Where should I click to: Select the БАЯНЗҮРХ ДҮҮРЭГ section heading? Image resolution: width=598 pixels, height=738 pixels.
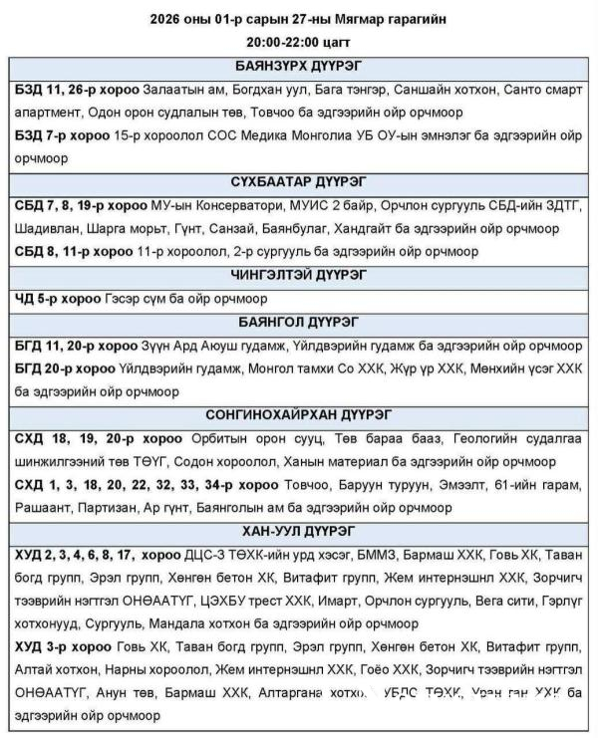[x=299, y=66]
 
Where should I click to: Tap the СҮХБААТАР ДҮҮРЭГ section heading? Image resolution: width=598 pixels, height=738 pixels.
[x=299, y=182]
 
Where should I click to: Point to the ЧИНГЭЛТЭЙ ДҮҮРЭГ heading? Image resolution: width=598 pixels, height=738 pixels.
[x=299, y=274]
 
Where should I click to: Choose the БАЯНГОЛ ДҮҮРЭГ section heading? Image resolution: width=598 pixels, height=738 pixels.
[x=299, y=322]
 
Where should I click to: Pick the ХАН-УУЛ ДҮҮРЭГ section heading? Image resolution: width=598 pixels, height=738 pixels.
[x=299, y=529]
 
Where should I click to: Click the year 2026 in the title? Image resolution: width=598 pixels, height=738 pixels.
[x=168, y=18]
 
